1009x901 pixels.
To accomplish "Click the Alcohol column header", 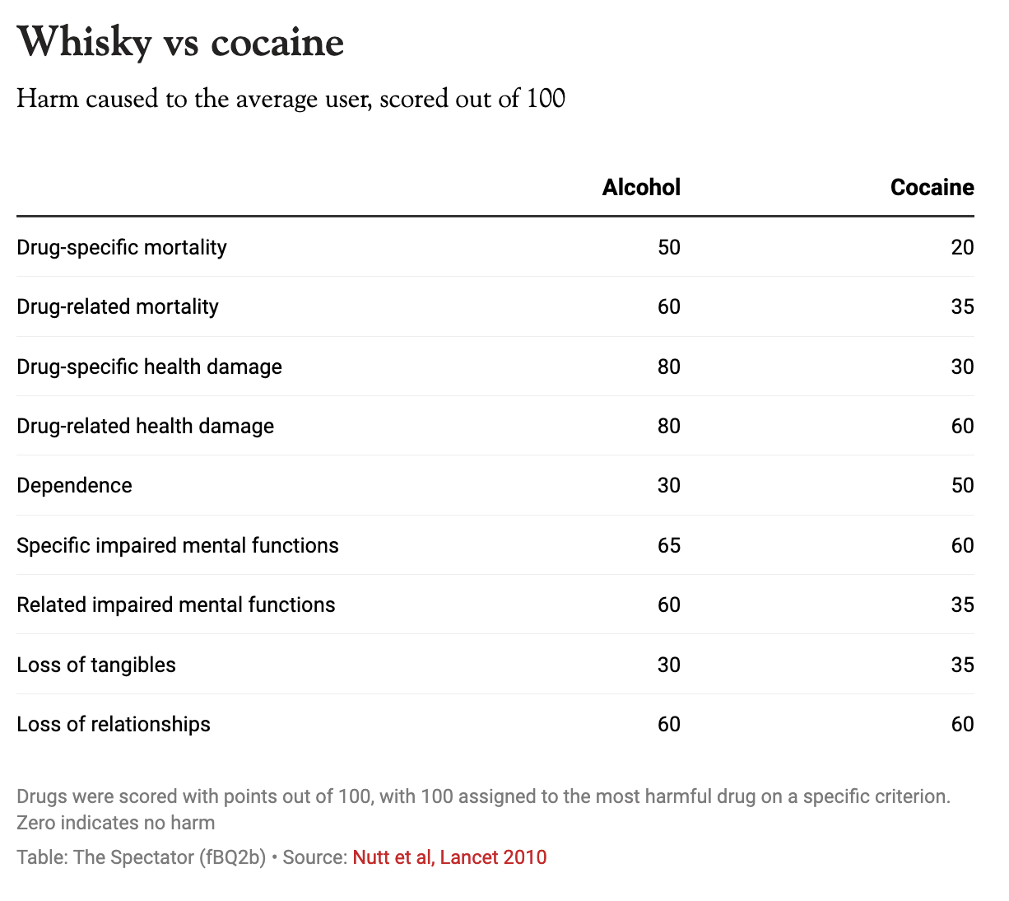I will (x=641, y=188).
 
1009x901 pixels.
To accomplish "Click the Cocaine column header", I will (x=932, y=188).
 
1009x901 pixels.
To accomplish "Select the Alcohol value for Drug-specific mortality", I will (x=668, y=247).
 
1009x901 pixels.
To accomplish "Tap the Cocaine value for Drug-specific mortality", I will (x=962, y=247).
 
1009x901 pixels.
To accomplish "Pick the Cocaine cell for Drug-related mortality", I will (x=962, y=307).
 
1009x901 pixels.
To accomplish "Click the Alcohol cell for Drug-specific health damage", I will (x=668, y=366).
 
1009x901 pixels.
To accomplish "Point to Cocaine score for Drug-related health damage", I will (x=962, y=426).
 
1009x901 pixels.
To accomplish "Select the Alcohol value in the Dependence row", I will (x=668, y=485).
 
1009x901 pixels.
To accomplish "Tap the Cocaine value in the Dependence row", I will (x=962, y=485).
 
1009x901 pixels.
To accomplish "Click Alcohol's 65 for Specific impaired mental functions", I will (x=668, y=545).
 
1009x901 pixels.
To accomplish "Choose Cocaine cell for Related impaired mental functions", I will (x=962, y=605).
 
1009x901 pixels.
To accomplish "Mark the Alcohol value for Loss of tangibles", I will (x=668, y=665).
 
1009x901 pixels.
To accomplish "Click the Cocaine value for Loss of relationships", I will (x=962, y=724).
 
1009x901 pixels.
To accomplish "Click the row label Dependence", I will (x=74, y=485).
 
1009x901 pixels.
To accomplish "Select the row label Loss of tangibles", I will (x=96, y=665).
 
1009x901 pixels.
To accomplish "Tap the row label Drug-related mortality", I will (x=118, y=307).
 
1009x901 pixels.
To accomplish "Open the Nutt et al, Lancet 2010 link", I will (x=449, y=857).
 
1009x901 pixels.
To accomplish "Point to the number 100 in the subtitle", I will (x=546, y=99).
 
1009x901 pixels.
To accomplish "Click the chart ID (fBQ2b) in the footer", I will (x=232, y=857).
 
